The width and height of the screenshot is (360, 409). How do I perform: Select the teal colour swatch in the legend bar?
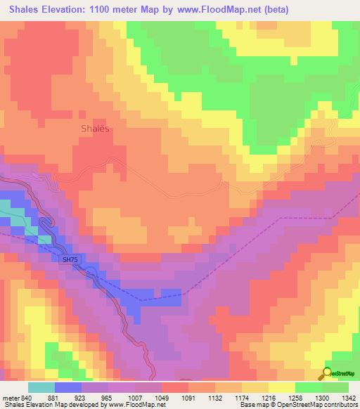point(41,387)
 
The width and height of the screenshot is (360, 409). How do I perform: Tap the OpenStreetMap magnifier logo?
point(328,374)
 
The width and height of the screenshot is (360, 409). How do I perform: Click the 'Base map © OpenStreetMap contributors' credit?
point(297,405)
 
